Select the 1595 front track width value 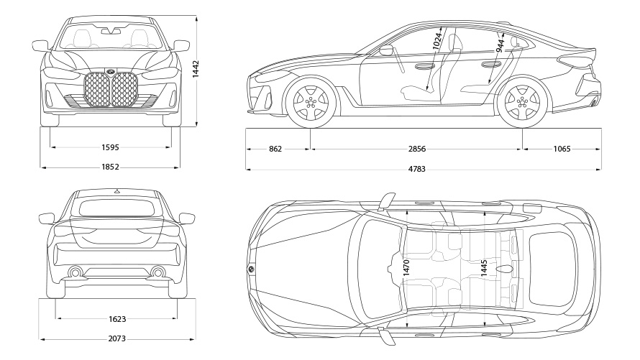110,148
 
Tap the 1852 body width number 110,167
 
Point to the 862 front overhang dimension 275,149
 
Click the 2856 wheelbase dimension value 416,149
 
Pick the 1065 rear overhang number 562,149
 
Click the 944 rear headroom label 500,46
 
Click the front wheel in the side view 310,101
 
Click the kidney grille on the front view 111,90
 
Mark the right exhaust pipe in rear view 157,272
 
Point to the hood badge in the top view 251,268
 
